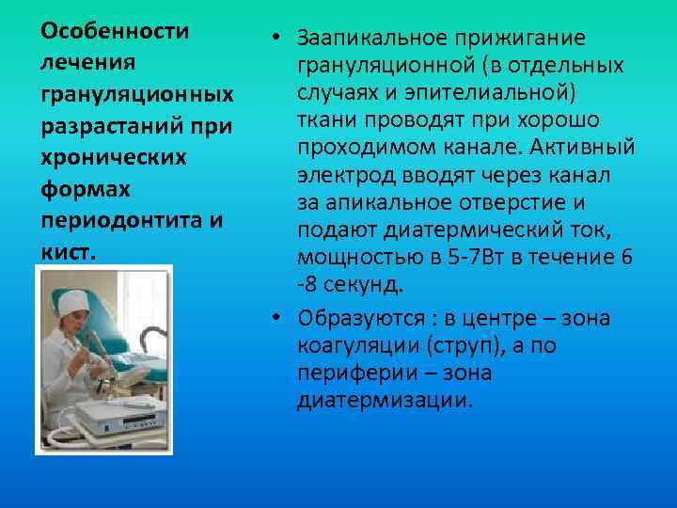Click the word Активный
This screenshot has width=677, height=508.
588,150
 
